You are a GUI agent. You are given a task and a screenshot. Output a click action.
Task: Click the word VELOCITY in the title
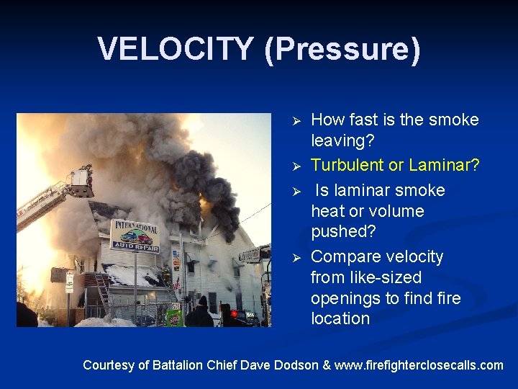click(176, 49)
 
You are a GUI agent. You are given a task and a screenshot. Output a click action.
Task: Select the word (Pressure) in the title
click(342, 49)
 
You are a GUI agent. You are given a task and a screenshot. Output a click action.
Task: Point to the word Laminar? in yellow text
click(444, 165)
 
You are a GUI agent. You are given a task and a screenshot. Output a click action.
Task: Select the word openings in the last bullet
click(343, 298)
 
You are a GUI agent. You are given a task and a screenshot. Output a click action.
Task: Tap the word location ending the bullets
click(340, 319)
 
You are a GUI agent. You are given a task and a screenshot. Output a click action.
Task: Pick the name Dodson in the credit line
click(295, 365)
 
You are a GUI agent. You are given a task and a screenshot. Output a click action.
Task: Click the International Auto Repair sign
click(135, 236)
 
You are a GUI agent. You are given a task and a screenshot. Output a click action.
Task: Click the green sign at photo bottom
click(175, 317)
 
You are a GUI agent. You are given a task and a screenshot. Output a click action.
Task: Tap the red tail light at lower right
click(234, 314)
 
